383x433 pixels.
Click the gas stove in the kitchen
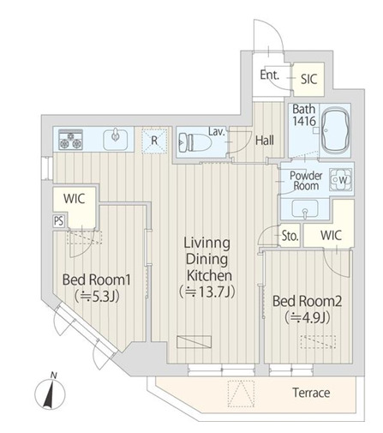click(x=70, y=140)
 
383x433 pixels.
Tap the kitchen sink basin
click(x=116, y=140)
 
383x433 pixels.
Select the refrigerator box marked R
click(x=154, y=141)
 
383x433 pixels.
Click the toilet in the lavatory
click(x=194, y=142)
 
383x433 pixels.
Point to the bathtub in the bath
click(x=335, y=130)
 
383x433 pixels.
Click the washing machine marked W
click(x=341, y=180)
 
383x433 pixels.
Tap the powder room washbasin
click(x=305, y=209)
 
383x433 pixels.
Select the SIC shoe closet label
click(x=308, y=79)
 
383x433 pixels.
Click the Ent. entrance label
click(x=269, y=75)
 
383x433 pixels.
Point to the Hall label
click(x=265, y=141)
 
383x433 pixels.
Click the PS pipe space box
click(x=59, y=221)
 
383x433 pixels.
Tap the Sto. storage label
click(x=290, y=236)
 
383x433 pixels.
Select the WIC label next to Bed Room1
click(x=75, y=199)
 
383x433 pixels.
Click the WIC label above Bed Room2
click(x=331, y=236)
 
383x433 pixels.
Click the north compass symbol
click(x=51, y=391)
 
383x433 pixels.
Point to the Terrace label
click(x=311, y=393)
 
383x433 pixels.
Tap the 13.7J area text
click(x=207, y=292)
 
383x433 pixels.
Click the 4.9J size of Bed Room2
click(x=308, y=317)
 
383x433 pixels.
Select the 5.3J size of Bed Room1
click(x=97, y=297)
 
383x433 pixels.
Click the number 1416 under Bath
click(x=304, y=122)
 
